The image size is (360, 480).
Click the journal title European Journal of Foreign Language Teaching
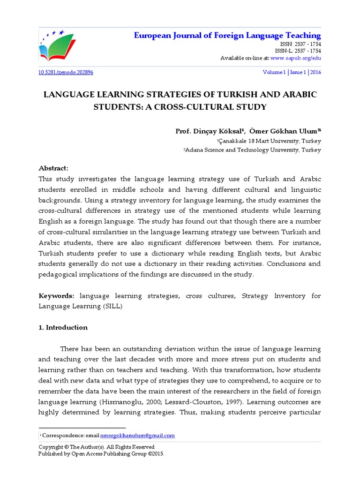pos(227,36)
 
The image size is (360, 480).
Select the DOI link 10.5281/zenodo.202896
pos(66,73)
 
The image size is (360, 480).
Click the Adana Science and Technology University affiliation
pos(252,150)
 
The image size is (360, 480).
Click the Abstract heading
pos(53,168)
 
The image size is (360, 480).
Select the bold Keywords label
pos(56,296)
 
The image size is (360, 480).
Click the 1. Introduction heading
pos(63,328)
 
